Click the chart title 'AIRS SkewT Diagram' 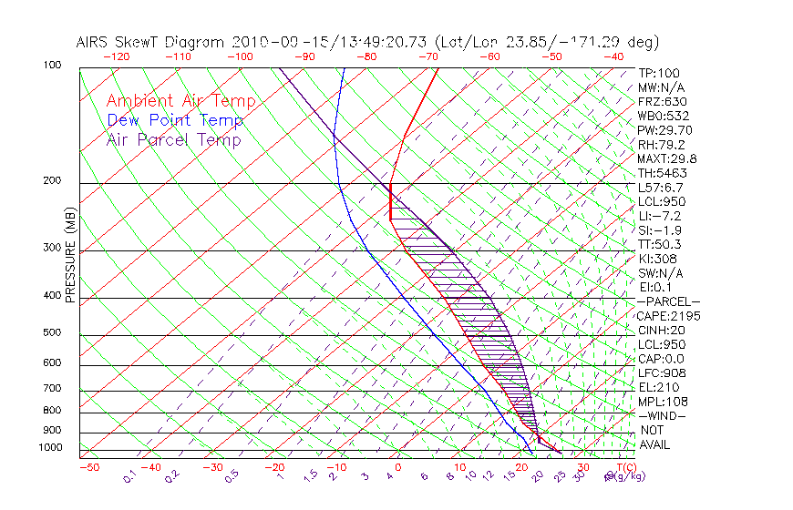(x=151, y=43)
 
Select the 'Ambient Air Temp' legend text (x=180, y=101)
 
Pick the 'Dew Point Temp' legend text (x=175, y=120)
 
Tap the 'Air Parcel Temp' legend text (x=174, y=139)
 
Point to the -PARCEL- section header (x=669, y=301)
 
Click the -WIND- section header (x=663, y=415)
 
